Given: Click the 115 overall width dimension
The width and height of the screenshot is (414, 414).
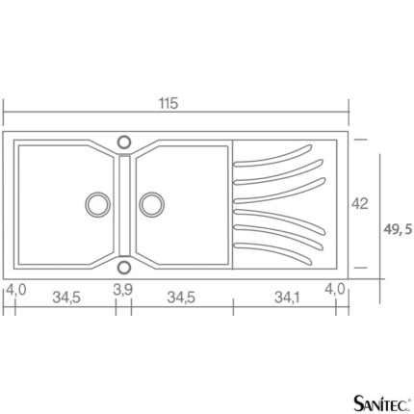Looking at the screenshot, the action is [168, 103].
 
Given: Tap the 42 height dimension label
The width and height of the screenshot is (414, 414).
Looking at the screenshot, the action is [360, 203].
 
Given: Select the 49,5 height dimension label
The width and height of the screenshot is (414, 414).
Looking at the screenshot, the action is [398, 229].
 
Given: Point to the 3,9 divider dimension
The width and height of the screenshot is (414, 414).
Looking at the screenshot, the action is [122, 290].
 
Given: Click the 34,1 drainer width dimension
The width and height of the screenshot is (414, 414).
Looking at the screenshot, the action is [287, 298].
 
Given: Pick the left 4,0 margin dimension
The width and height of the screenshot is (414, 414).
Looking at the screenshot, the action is [16, 290].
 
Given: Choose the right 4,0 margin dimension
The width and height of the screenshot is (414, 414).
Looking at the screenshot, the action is [335, 289].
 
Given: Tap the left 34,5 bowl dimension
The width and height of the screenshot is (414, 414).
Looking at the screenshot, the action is [66, 298].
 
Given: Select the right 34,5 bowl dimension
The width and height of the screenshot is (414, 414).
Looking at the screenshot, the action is [181, 298].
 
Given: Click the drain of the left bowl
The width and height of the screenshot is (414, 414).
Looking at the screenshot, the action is [97, 204].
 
